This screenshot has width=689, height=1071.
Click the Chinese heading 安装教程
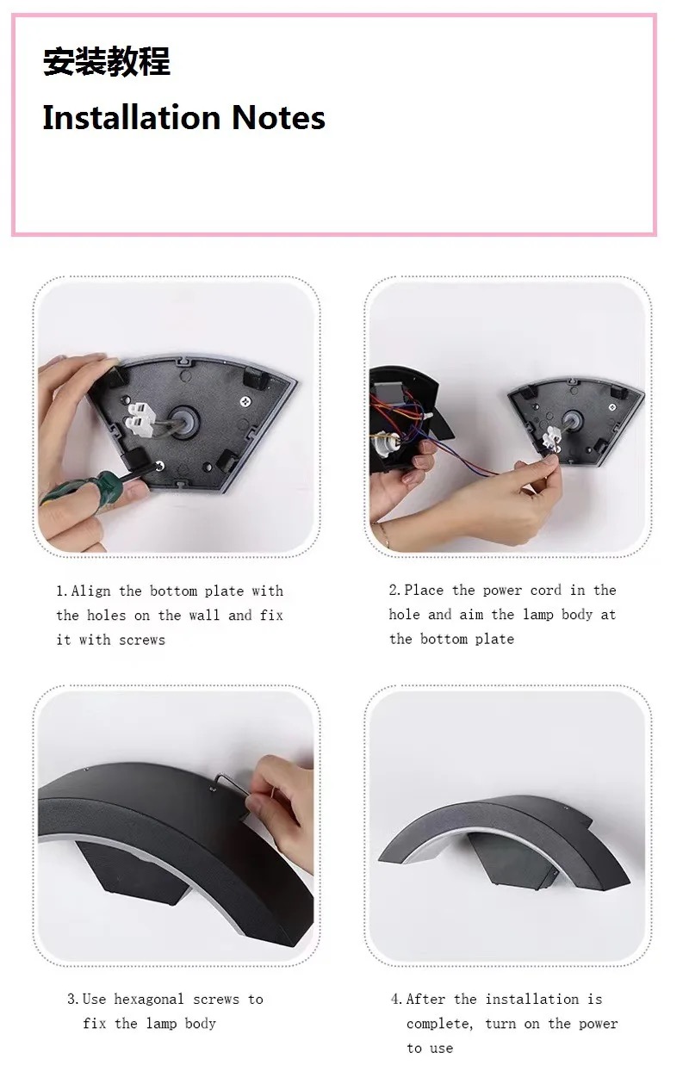tap(107, 62)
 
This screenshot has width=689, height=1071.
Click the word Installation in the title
tap(132, 117)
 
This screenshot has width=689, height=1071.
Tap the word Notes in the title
tap(278, 118)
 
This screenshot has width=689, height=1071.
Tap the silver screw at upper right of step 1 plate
tap(246, 401)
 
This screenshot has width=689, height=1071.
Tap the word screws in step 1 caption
tap(142, 640)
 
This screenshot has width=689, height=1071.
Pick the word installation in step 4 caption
tap(531, 999)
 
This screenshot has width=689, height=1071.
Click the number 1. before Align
tap(63, 591)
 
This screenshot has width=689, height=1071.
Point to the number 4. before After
tap(398, 999)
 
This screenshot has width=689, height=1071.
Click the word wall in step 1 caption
tap(205, 615)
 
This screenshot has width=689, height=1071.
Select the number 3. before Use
tap(73, 999)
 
